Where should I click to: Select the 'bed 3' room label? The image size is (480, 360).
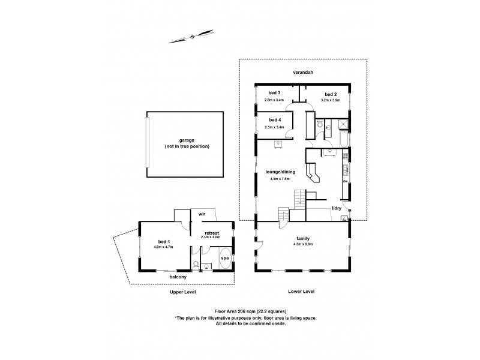(275, 94)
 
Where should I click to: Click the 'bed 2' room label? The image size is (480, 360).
(331, 94)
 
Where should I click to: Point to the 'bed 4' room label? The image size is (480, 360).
(275, 121)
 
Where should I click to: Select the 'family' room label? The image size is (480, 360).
(302, 238)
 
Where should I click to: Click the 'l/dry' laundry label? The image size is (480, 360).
(337, 208)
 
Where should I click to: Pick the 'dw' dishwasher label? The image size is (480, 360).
(345, 181)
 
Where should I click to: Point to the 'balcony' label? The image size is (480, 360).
(178, 277)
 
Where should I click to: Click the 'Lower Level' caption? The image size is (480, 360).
(301, 292)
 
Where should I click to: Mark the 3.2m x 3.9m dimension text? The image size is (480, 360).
(331, 100)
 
